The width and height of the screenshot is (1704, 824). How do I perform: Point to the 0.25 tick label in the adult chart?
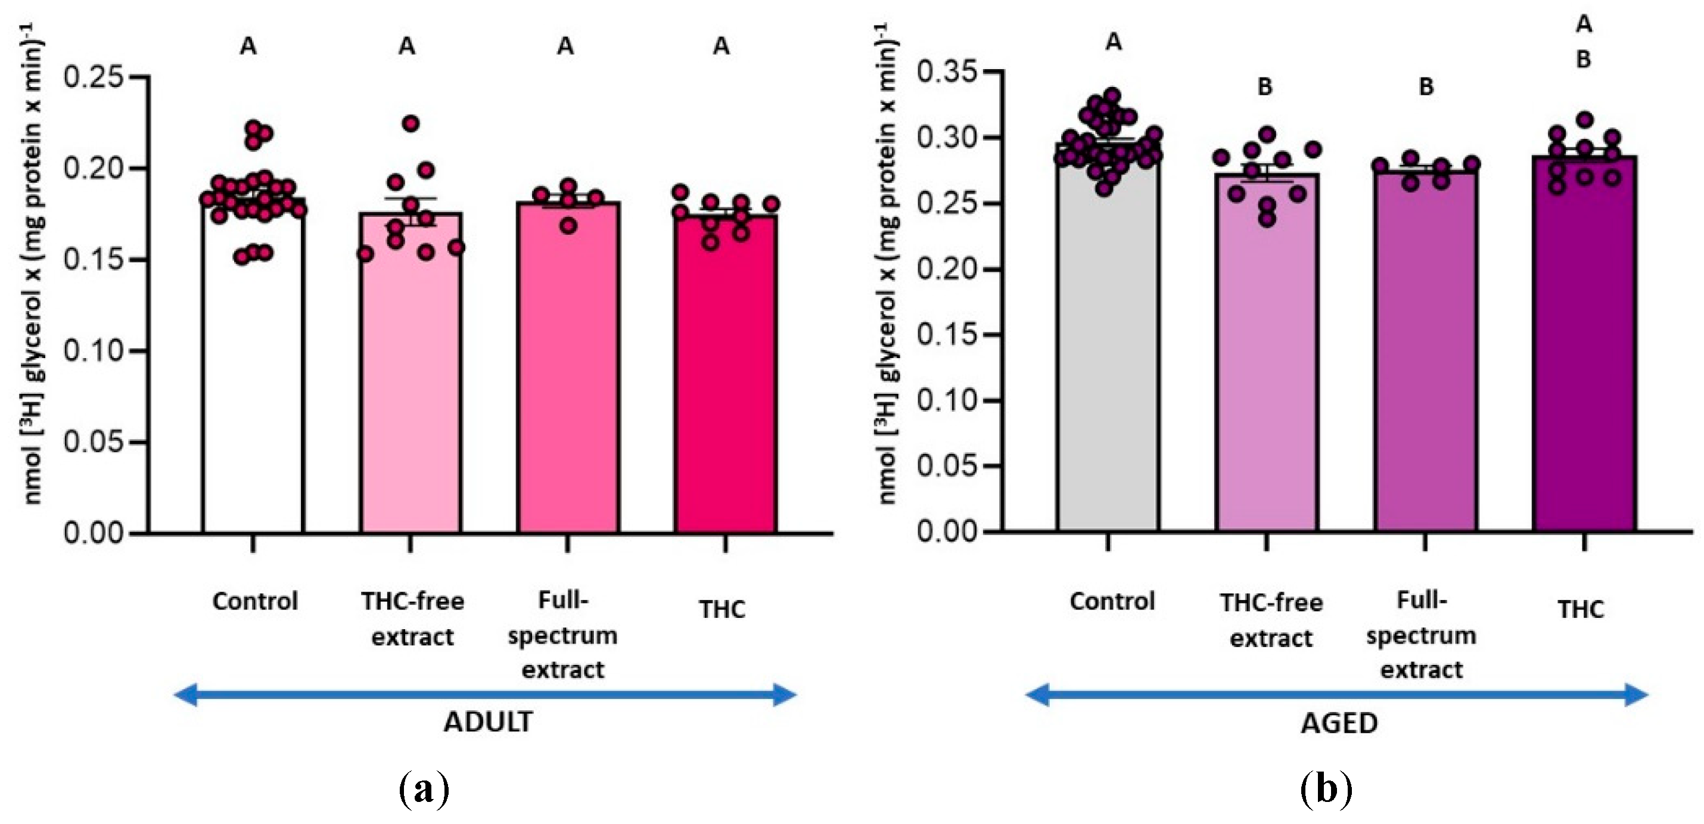point(94,77)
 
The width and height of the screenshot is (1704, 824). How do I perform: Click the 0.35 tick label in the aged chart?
point(947,71)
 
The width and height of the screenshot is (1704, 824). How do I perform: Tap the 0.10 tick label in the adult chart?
point(94,350)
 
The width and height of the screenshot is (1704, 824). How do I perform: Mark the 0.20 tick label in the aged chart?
point(947,269)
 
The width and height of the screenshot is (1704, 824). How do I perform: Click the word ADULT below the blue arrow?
point(488,722)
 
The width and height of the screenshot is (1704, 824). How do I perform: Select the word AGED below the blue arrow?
point(1339,723)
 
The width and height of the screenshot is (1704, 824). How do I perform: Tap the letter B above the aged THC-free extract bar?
point(1265,86)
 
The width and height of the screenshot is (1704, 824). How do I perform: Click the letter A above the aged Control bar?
point(1114,42)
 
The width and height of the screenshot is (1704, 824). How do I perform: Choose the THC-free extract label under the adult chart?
point(412,619)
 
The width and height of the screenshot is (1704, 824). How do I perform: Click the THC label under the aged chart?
point(1581,609)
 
